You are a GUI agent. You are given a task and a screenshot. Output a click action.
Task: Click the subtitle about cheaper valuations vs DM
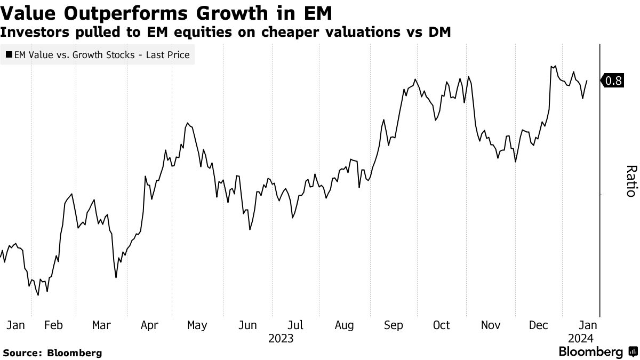(226, 32)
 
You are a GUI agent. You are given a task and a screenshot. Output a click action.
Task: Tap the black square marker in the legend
(10, 54)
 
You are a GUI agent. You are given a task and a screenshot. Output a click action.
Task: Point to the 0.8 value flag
(613, 81)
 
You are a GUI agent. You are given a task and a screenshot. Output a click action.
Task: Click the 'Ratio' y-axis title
(630, 181)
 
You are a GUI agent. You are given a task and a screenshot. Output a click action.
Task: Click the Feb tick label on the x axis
(54, 325)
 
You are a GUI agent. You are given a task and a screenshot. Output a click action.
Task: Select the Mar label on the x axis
(101, 325)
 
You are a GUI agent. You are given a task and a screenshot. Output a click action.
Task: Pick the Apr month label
(150, 325)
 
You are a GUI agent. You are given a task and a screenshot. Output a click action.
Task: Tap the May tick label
(197, 325)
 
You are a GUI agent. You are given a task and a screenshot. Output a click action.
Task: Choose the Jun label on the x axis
(247, 325)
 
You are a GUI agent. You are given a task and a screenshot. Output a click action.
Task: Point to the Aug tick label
(344, 325)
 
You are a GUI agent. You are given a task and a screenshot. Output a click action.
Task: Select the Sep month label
(394, 325)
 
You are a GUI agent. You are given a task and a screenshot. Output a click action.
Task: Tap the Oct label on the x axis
(442, 325)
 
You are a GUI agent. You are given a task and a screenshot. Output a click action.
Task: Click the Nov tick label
(491, 325)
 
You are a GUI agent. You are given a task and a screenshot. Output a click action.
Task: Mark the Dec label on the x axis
(539, 325)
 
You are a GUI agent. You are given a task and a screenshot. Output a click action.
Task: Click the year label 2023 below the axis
(281, 338)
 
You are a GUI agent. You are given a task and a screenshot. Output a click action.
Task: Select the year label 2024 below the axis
(580, 338)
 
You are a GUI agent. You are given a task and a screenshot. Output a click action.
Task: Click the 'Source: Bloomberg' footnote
(52, 353)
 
